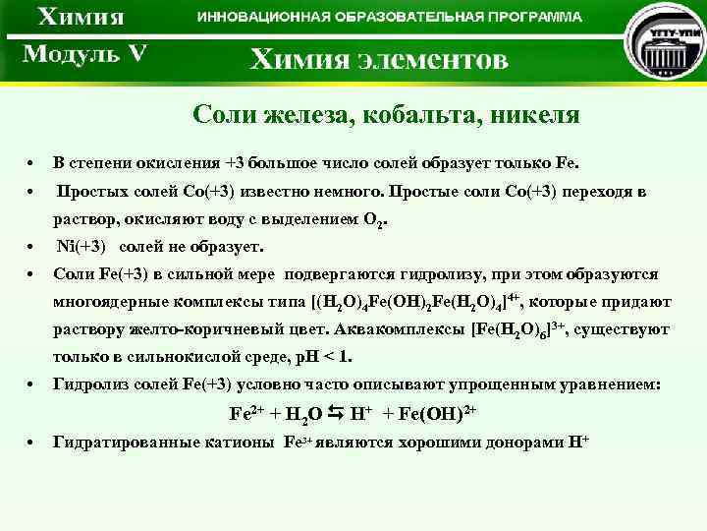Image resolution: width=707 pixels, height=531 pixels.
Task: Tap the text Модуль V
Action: coord(84,53)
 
